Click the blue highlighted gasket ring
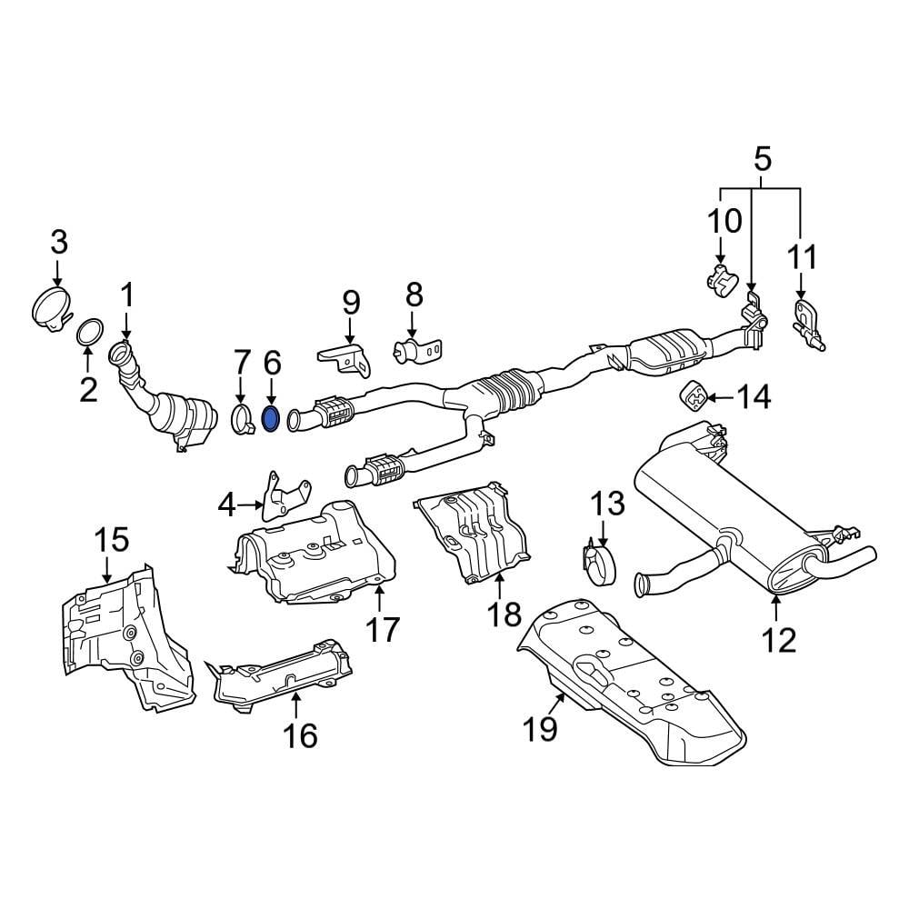[x=271, y=419]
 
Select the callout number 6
[x=272, y=363]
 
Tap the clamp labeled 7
[x=241, y=420]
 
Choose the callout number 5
[x=762, y=160]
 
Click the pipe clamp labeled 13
[x=599, y=559]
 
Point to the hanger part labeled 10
[x=721, y=278]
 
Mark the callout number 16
[x=300, y=734]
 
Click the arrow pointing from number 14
[x=720, y=396]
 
